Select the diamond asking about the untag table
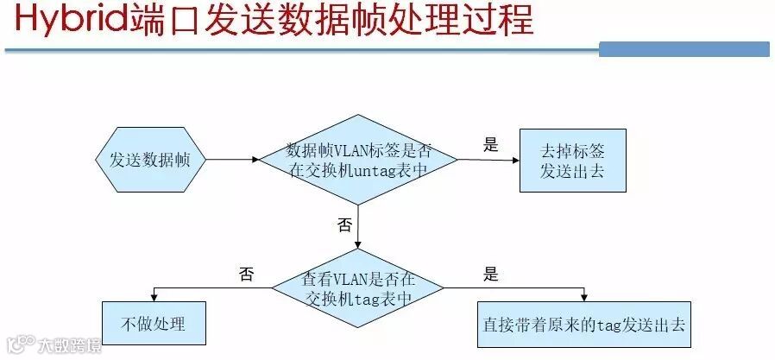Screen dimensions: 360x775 coord(358,160)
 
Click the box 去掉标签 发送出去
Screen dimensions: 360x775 coord(572,160)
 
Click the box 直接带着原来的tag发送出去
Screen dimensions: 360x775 coord(584,324)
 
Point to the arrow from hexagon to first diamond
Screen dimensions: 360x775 coord(231,160)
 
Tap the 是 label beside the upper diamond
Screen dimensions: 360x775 coord(491,145)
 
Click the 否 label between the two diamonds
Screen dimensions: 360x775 coord(344,225)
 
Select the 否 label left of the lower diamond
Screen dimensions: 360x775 coord(247,275)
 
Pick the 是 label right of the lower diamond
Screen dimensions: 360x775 coord(491,275)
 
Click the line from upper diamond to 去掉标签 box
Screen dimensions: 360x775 coord(488,159)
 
